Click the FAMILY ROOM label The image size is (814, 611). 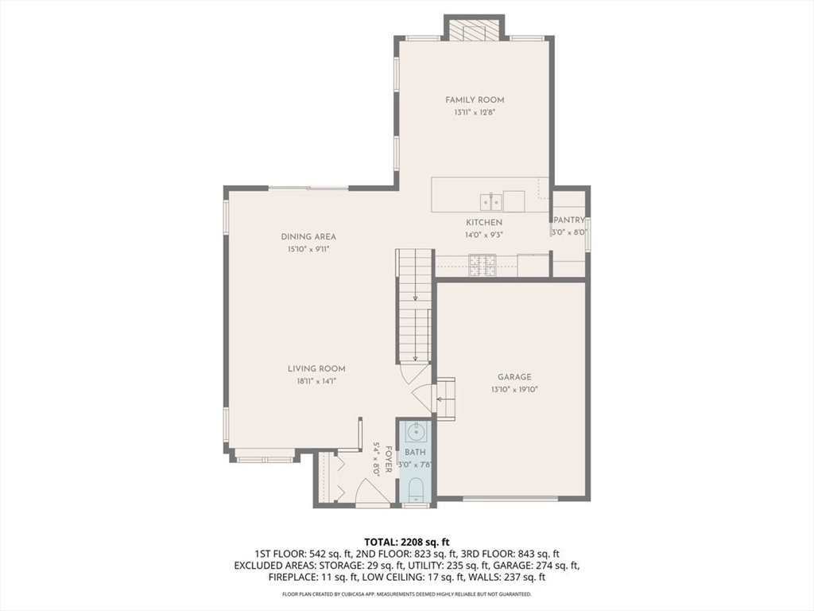pos(475,99)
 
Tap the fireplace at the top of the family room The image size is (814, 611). pos(475,30)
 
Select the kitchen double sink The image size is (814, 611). pos(490,200)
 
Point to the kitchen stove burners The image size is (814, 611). pos(483,265)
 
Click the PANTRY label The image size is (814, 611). pos(569,220)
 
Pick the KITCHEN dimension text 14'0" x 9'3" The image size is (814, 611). pos(484,235)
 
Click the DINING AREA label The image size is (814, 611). pos(308,236)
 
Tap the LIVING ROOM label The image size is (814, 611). pos(316,369)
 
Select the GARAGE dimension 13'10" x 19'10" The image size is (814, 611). pos(514,389)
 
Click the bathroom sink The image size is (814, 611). pos(416,431)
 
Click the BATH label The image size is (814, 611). pos(415,453)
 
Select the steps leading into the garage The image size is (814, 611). pos(445,399)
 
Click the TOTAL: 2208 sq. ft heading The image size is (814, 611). pos(406,543)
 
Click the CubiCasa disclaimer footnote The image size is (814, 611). pos(406,593)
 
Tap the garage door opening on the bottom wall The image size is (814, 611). pos(510,499)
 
